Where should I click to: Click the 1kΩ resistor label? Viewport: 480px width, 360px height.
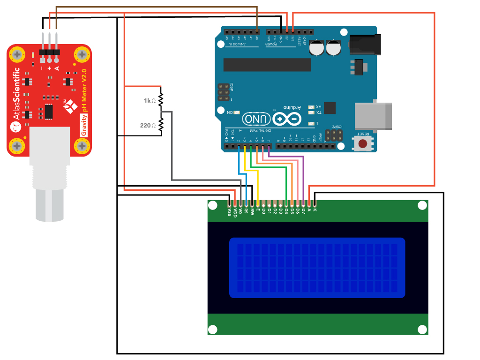point(150,101)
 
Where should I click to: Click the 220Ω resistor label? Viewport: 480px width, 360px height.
point(148,126)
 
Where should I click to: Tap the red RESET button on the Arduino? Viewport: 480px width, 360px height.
point(363,143)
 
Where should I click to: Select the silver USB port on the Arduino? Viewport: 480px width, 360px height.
point(373,115)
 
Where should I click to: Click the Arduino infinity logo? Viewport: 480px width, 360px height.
point(287,119)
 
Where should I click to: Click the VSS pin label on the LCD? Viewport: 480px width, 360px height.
point(229,212)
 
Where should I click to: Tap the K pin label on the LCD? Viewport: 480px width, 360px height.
point(315,210)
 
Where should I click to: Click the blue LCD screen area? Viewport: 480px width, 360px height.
point(317,268)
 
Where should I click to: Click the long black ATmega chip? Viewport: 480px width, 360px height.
point(267,65)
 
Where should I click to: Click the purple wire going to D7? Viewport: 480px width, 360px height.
point(304,178)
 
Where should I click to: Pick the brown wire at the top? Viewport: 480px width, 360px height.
point(155,7)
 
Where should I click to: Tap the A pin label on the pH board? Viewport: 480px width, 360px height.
point(57,68)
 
